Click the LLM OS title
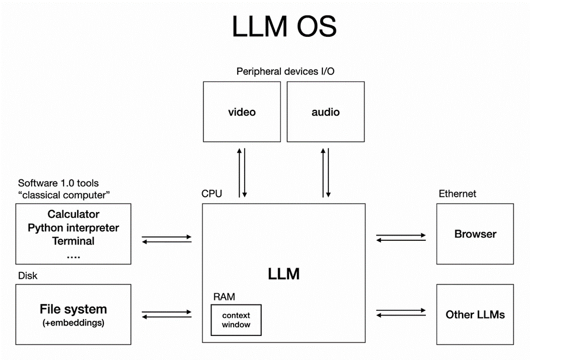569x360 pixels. pos(284,27)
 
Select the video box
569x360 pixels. pos(242,112)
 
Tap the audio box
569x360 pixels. pos(325,112)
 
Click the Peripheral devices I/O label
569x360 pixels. pos(285,71)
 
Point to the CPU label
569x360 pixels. pos(211,193)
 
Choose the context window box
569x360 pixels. pos(236,320)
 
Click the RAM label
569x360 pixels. pos(224,297)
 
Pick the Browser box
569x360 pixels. pos(475,234)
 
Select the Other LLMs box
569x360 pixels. pos(475,314)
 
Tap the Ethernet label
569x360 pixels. pos(457,193)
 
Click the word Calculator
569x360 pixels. pos(74,214)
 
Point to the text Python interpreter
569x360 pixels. pos(74,227)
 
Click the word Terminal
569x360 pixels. pos(74,241)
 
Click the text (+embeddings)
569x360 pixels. pos(74,322)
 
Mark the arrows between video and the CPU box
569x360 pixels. pos(242,172)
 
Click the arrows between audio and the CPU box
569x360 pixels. pos(325,172)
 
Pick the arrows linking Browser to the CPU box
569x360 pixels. pos(401,237)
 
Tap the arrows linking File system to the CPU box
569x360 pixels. pos(166,314)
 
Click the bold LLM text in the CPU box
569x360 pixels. pos(283,273)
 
